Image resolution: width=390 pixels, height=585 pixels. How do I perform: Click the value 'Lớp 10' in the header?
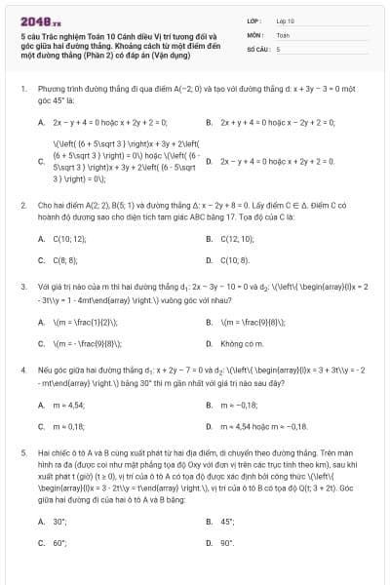click(285, 20)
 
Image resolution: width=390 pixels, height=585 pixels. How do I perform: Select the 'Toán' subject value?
click(283, 34)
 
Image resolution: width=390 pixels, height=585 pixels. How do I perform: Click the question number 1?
click(22, 89)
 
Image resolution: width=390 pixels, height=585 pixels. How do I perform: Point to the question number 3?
click(22, 288)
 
